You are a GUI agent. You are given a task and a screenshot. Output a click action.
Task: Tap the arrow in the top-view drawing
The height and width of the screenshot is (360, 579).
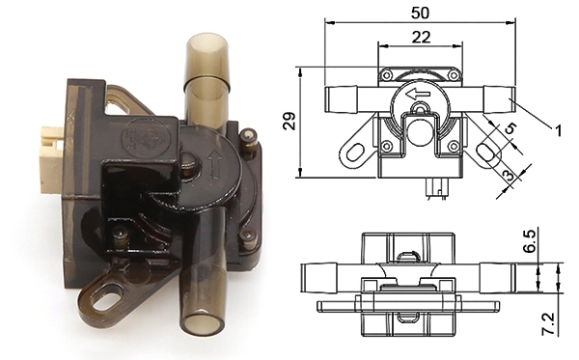click(418, 95)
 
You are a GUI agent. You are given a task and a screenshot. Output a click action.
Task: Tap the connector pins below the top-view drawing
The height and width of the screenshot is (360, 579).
click(439, 188)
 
